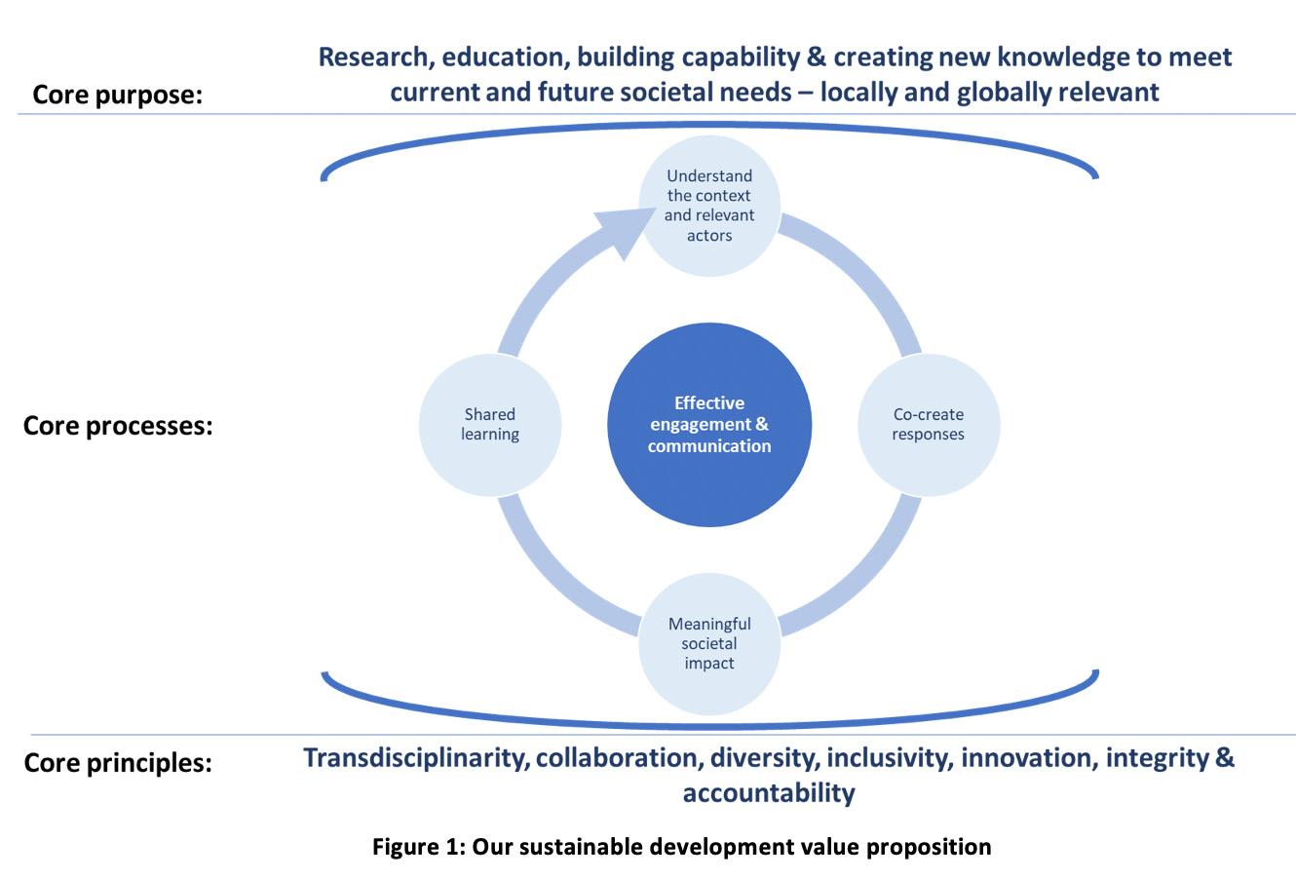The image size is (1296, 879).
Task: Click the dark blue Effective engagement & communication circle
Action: [x=709, y=425]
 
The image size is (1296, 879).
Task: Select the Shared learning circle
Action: [x=490, y=425]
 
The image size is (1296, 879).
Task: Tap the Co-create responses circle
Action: [x=928, y=425]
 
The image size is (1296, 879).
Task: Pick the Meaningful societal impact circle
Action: [x=709, y=643]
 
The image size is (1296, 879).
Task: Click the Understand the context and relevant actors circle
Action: [x=709, y=206]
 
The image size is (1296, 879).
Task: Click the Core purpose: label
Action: [x=117, y=95]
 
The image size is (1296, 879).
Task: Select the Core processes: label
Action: [x=118, y=426]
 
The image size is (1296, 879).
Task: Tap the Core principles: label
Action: [x=118, y=762]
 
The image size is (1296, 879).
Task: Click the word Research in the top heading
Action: [x=375, y=57]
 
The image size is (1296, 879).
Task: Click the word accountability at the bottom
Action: [x=769, y=792]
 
